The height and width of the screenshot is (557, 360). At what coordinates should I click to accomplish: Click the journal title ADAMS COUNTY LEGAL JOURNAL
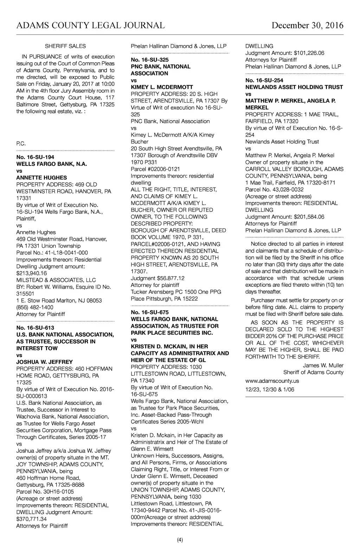coord(90,26)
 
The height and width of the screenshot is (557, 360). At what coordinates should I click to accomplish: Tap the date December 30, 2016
coord(307,26)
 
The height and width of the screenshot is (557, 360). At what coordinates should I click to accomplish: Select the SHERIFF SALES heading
coord(65,46)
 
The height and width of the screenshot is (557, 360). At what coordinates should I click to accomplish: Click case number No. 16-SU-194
coord(35,157)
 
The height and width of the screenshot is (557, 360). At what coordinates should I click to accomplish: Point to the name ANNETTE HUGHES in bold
coord(41,178)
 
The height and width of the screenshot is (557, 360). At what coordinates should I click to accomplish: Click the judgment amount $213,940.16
coord(32,273)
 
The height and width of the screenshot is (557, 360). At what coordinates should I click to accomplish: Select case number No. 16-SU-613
coord(35,328)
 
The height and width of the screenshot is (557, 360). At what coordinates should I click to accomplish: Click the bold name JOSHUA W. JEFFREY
coord(45,362)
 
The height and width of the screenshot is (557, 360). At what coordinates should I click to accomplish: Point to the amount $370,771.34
coord(32,519)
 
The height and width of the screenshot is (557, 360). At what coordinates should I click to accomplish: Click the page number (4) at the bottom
coord(180,540)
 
